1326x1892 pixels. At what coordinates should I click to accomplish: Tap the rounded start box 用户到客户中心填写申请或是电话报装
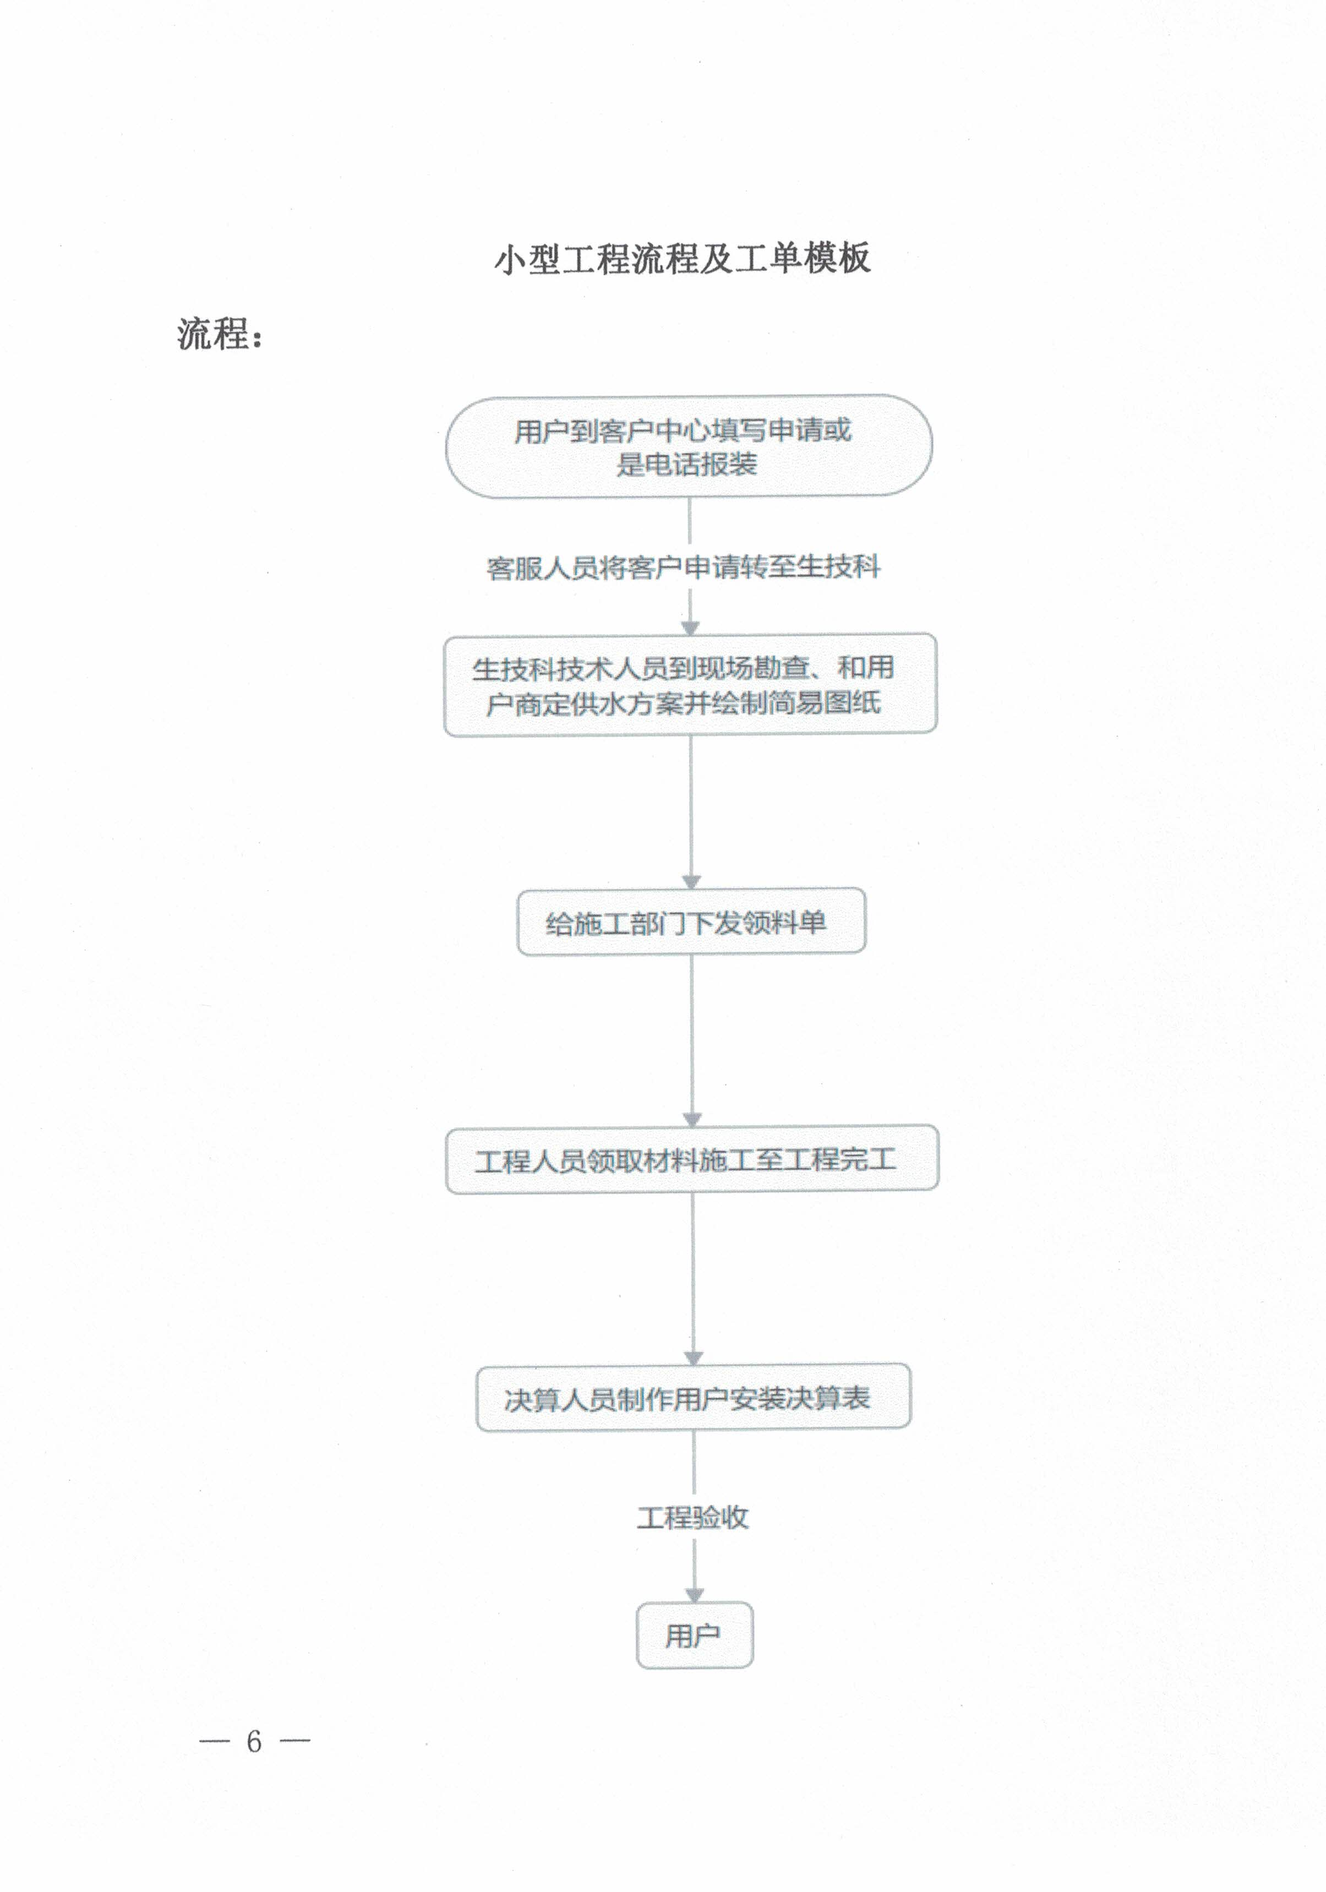[x=689, y=446]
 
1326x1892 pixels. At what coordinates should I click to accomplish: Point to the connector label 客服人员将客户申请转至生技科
[x=683, y=568]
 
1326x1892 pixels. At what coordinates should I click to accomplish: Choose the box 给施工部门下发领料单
[x=691, y=922]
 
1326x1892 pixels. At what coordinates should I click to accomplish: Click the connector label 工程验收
[x=693, y=1517]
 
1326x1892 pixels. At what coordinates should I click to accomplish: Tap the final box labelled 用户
[x=694, y=1635]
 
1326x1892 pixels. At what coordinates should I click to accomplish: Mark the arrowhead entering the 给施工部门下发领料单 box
[x=691, y=882]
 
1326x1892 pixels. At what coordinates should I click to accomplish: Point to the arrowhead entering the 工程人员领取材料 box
[x=692, y=1119]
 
